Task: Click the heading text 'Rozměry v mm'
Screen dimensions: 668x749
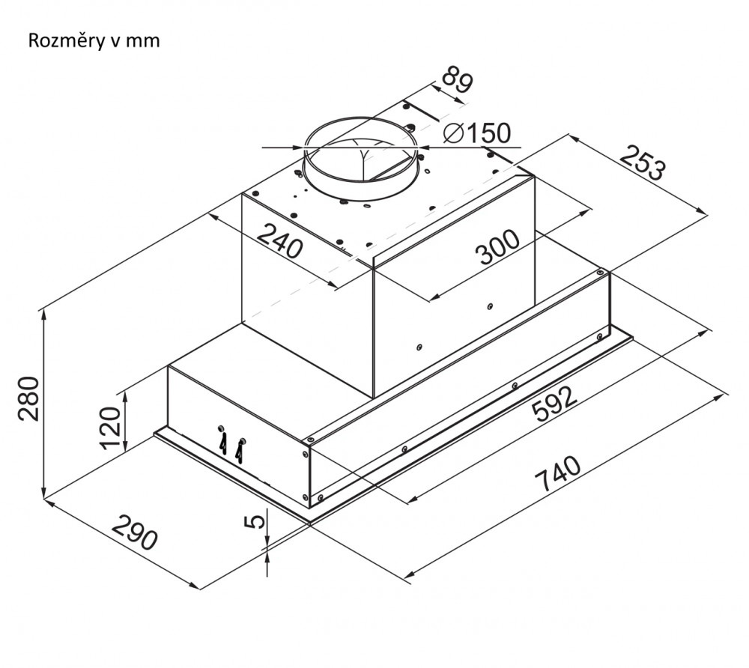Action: tap(94, 40)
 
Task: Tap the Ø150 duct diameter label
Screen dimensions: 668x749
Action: tap(476, 133)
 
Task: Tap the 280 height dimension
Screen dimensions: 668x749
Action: tap(28, 398)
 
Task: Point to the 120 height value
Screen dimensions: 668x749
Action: tap(110, 429)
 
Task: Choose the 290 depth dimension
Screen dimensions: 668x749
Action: tap(135, 532)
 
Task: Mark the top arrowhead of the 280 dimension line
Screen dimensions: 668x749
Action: tap(46, 314)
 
